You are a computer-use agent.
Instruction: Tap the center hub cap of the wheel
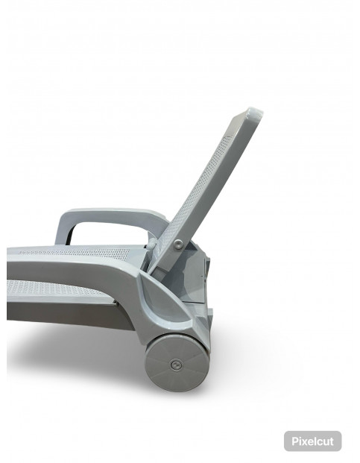click(x=176, y=365)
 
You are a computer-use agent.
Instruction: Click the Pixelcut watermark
click(x=312, y=441)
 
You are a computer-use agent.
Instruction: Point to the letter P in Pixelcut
click(x=295, y=441)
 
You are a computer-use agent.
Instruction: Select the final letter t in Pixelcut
click(x=332, y=441)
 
